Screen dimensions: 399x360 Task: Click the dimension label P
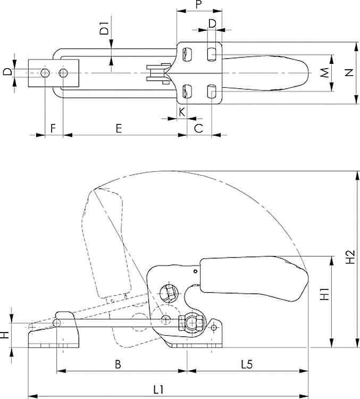click(x=198, y=5)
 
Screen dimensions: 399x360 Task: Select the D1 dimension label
click(x=104, y=28)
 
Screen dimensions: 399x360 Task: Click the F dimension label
click(x=53, y=128)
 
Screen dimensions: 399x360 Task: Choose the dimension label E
click(x=119, y=128)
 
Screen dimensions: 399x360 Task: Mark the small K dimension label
click(x=182, y=112)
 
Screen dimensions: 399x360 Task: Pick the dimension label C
click(x=198, y=128)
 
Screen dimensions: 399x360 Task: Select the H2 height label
click(x=350, y=257)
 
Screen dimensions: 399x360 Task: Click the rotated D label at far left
click(x=6, y=72)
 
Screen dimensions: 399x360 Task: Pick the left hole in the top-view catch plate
click(x=46, y=72)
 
